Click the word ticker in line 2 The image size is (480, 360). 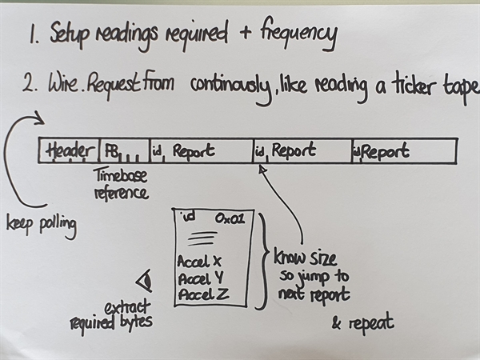[x=407, y=85]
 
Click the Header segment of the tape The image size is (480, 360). [x=70, y=150]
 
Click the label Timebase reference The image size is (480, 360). [x=121, y=183]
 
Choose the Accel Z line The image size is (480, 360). [x=202, y=294]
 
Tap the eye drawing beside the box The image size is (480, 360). [x=144, y=280]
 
